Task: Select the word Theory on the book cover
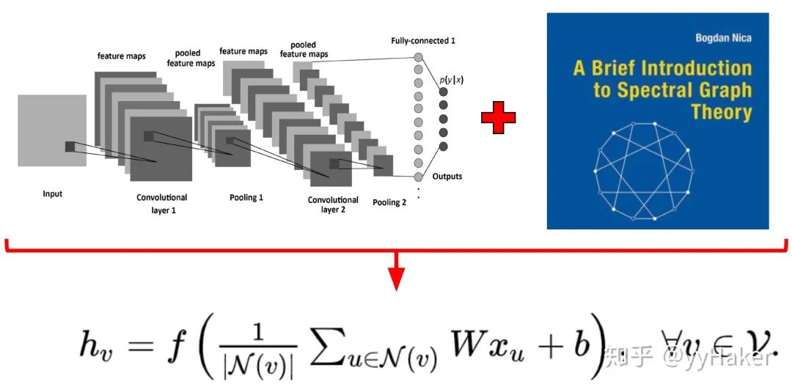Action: point(722,113)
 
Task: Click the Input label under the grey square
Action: point(52,194)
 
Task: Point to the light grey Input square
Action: point(51,130)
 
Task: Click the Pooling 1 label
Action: point(246,198)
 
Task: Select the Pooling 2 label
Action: point(389,202)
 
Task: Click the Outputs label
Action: point(447,177)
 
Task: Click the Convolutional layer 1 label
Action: point(162,203)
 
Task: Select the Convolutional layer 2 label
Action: point(333,204)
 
